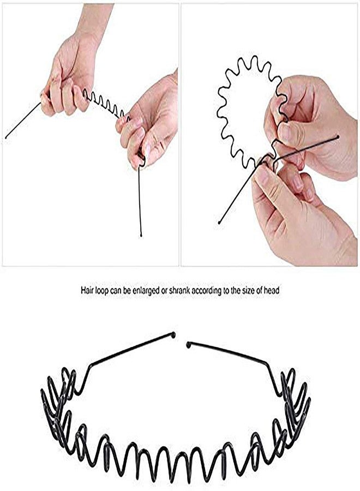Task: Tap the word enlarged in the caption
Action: point(142,291)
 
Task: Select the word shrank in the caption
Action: point(179,290)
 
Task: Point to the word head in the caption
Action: point(272,290)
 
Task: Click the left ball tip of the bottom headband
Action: point(173,335)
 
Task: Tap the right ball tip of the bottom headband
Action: point(188,345)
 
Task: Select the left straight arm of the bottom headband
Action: point(131,350)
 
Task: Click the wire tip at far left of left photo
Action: point(6,137)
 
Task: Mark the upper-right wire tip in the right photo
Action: point(338,137)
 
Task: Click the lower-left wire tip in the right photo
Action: point(219,223)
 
